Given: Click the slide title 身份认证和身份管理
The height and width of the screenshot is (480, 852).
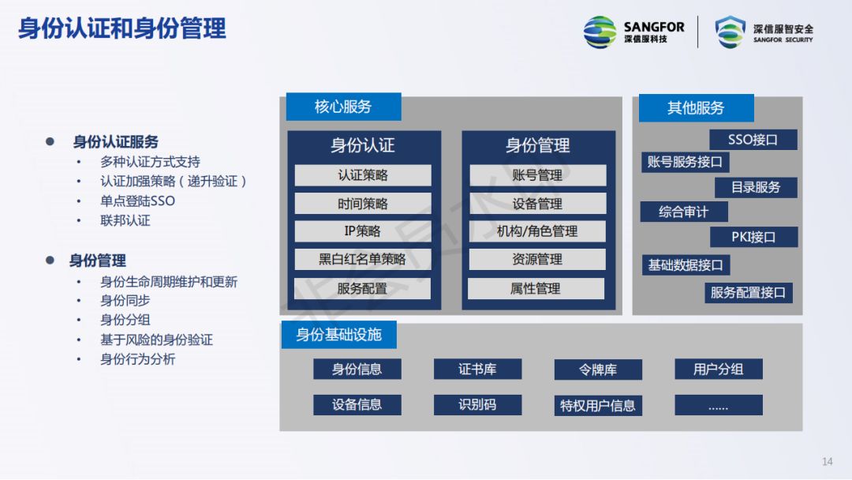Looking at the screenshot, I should [122, 28].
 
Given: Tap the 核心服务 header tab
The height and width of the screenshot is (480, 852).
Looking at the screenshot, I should [343, 107].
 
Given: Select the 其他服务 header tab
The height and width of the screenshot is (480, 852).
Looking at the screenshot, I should [696, 108].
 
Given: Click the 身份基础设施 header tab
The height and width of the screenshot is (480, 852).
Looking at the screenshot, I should [338, 335].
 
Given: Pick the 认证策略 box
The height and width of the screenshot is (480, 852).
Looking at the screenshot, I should [363, 175].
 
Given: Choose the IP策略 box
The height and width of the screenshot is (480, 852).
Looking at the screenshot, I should [363, 231].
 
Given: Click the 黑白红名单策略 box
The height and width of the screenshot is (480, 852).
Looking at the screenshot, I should [363, 259].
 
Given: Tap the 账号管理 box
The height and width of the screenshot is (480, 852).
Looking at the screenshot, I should [537, 175].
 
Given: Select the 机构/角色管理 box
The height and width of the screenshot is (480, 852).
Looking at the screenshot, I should [537, 231].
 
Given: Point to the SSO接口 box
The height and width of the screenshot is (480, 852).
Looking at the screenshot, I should [753, 140].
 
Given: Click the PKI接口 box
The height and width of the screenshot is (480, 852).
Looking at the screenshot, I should [753, 237].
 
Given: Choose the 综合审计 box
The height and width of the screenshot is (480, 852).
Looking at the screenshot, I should [684, 212].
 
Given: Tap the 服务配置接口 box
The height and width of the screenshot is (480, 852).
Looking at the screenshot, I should [748, 293].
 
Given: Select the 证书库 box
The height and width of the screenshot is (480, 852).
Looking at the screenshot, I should [477, 369].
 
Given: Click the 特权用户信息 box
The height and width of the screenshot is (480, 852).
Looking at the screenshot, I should [597, 406].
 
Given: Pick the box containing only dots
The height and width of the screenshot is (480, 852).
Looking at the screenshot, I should [718, 406].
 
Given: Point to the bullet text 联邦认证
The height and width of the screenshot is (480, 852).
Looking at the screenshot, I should [125, 220].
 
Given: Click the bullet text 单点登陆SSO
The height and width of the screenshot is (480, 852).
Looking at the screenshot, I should [137, 201].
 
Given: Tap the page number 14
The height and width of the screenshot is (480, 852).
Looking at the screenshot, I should [828, 462].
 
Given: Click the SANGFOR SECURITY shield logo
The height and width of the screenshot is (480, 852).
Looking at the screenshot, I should [730, 32].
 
